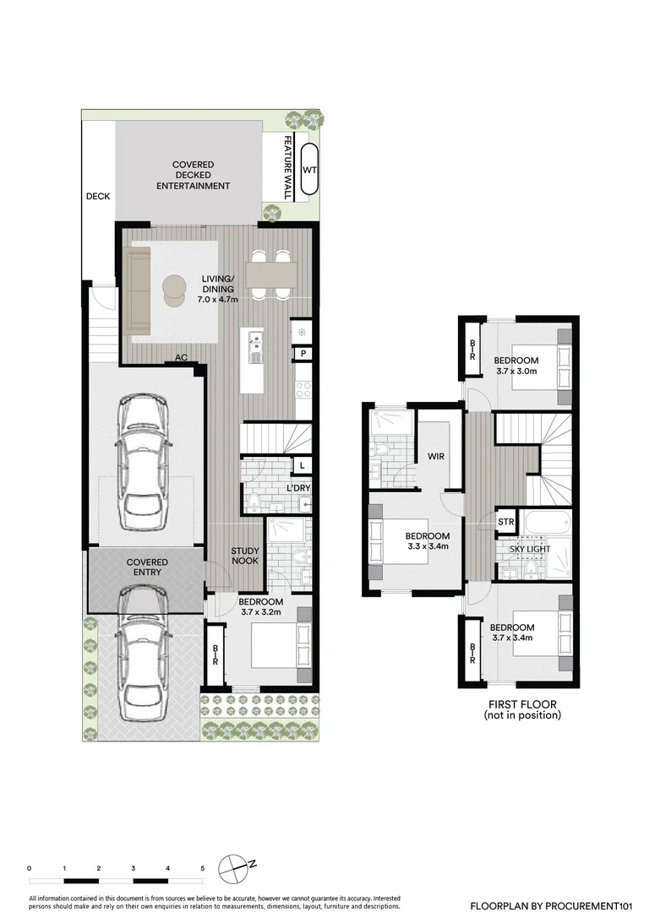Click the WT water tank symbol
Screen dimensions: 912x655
click(310, 169)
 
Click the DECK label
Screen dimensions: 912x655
click(98, 197)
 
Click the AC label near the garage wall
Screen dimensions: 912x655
click(181, 357)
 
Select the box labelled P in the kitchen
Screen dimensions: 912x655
click(303, 354)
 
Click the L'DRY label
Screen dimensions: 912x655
click(298, 489)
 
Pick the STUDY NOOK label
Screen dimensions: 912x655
click(245, 557)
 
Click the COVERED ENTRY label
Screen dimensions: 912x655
click(147, 567)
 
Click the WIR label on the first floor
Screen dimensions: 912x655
click(436, 456)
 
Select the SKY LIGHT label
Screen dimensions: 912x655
click(530, 549)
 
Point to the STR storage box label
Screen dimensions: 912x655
click(506, 522)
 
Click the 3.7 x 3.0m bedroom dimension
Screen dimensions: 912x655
click(516, 371)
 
